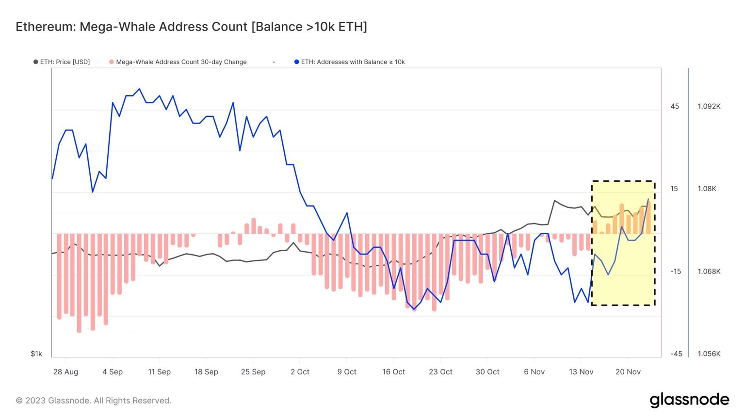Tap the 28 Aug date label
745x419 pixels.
click(65, 372)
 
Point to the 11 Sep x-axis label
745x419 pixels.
click(159, 372)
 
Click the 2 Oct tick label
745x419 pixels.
click(300, 372)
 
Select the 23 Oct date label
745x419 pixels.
click(440, 372)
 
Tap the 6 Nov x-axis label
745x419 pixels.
click(534, 372)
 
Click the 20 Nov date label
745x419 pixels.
click(628, 372)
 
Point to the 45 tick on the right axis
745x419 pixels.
click(675, 107)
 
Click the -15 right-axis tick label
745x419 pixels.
click(676, 272)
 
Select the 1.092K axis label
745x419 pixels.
click(709, 107)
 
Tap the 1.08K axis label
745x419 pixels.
click(707, 189)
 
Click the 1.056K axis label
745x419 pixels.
click(709, 354)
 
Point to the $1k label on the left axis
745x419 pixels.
click(36, 354)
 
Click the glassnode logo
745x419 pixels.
click(689, 400)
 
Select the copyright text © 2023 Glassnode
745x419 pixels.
click(93, 401)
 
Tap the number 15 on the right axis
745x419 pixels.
click(674, 189)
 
